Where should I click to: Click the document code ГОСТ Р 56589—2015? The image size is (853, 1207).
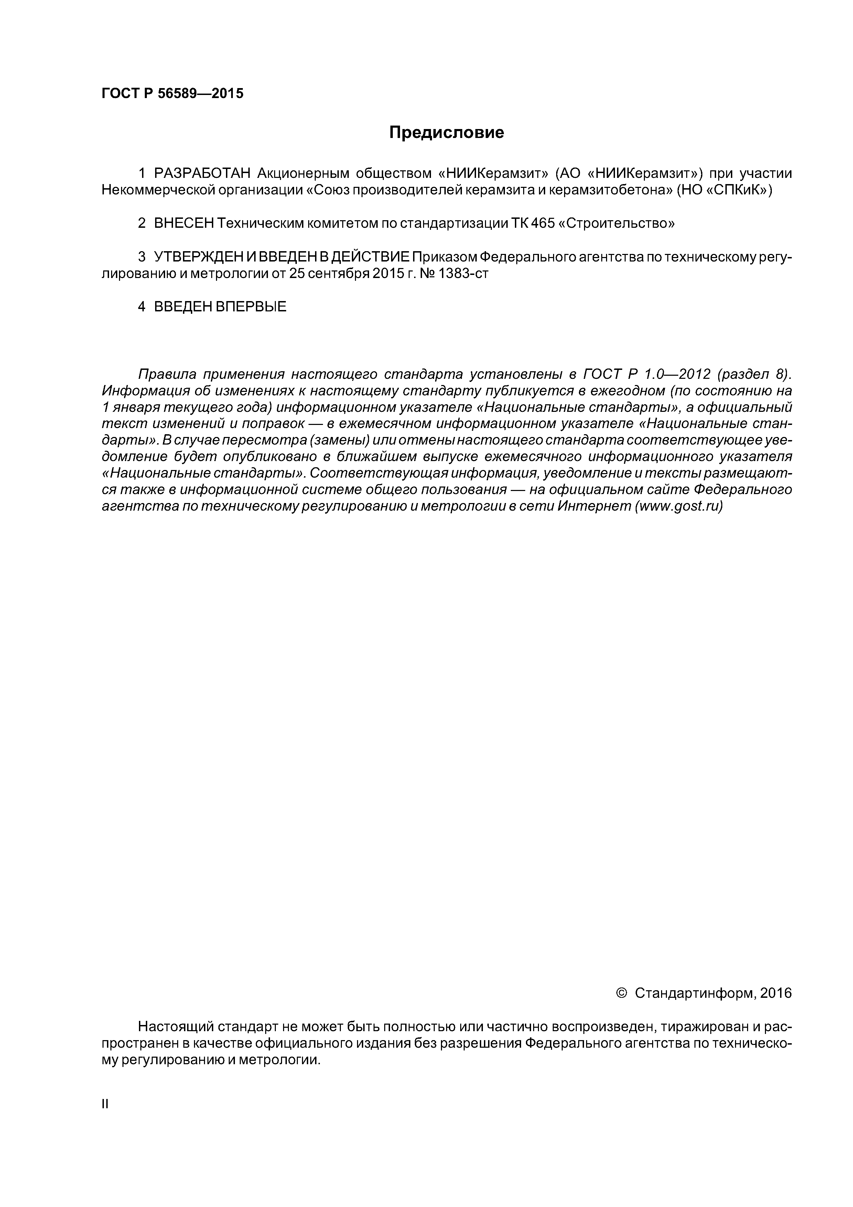click(x=172, y=94)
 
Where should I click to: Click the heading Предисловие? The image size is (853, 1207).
click(x=446, y=132)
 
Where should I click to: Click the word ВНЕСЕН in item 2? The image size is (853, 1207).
click(x=184, y=223)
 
